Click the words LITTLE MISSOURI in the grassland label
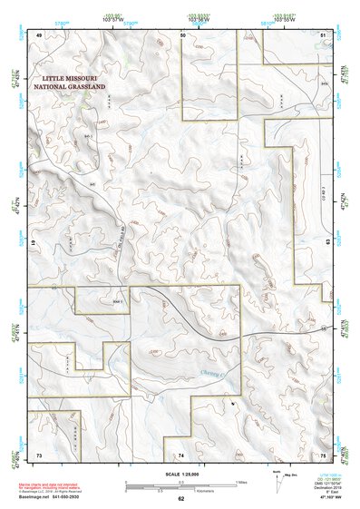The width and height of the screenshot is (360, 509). [x=68, y=79]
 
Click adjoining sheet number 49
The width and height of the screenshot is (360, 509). [x=39, y=34]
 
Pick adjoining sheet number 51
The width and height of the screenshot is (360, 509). [x=323, y=34]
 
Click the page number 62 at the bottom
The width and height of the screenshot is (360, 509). [x=181, y=499]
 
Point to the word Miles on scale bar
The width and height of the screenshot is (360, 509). [x=241, y=481]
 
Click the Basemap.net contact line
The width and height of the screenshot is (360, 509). [x=52, y=499]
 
